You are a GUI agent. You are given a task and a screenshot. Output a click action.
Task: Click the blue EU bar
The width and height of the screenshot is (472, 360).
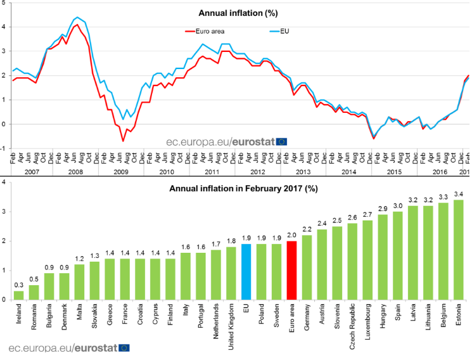tap(246, 272)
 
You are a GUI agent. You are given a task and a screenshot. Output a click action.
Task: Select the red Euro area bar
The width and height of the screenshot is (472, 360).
tap(291, 270)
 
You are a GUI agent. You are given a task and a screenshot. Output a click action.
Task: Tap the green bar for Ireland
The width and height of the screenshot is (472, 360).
tap(18, 295)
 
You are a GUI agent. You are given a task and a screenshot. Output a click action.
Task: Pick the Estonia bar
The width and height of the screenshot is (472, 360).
tap(459, 250)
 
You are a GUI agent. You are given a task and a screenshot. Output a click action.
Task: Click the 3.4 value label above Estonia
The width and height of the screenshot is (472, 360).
tap(459, 194)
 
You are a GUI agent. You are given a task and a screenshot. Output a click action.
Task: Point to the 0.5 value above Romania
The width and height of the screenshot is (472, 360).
tap(34, 280)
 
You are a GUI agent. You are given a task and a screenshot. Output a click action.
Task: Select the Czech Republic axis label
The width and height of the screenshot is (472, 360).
tap(352, 326)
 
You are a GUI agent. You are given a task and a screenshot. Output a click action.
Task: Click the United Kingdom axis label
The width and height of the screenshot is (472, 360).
tap(231, 326)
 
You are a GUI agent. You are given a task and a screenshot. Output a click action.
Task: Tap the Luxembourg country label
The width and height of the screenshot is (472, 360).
tap(367, 321)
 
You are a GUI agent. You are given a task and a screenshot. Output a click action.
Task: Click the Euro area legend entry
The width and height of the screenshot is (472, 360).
tap(205, 31)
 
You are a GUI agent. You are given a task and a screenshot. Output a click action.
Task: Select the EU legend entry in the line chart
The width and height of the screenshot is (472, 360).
tap(279, 31)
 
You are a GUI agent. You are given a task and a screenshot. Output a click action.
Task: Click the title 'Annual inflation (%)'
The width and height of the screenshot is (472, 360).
tap(238, 13)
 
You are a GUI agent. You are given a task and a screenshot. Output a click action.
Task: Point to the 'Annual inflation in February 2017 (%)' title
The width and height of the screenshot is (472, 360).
tap(243, 189)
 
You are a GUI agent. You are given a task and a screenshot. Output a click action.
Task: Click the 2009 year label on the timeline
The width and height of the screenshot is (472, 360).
tap(121, 172)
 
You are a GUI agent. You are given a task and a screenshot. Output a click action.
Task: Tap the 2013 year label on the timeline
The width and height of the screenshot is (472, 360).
tap(303, 172)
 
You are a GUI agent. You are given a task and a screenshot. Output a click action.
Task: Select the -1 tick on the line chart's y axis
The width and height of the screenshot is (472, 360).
tap(3, 148)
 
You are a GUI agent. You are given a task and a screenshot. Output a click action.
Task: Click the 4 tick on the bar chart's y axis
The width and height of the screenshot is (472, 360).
tap(3, 183)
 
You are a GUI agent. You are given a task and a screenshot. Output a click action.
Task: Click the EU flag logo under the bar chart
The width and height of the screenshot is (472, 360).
tap(124, 348)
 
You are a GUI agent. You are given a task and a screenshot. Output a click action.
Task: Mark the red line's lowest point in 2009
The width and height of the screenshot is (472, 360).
tap(123, 141)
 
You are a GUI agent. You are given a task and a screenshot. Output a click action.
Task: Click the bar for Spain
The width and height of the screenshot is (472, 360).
tap(398, 256)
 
